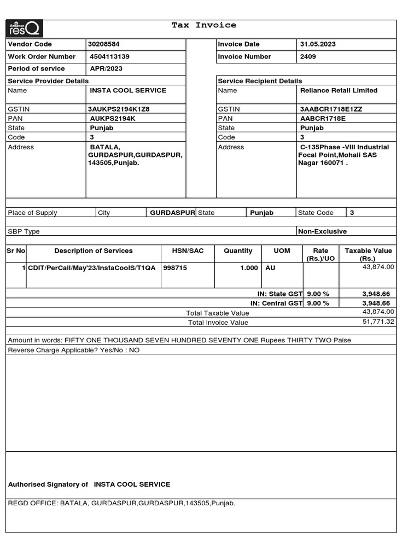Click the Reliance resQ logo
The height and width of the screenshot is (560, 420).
(x=25, y=29)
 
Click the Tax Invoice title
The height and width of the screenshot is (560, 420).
(x=204, y=25)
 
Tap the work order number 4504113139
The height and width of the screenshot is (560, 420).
(x=110, y=57)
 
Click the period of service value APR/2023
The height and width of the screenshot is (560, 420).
(x=106, y=69)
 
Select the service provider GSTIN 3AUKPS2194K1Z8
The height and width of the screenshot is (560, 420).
(x=119, y=109)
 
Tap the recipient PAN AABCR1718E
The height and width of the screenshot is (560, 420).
(x=323, y=119)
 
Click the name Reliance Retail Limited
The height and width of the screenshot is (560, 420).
(x=339, y=91)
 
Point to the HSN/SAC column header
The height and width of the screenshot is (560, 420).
(x=188, y=251)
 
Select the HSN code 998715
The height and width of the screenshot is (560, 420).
(x=175, y=268)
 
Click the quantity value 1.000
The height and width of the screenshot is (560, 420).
(x=249, y=268)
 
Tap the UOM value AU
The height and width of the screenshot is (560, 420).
(x=270, y=268)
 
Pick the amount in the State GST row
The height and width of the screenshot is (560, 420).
(x=376, y=294)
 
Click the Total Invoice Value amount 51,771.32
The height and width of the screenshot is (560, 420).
(x=378, y=322)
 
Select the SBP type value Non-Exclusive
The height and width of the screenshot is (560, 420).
(x=322, y=231)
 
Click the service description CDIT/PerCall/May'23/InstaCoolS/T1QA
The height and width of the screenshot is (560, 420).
(x=92, y=268)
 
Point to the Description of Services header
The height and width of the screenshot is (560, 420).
(x=94, y=251)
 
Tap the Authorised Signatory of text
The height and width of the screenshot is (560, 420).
(x=48, y=485)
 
